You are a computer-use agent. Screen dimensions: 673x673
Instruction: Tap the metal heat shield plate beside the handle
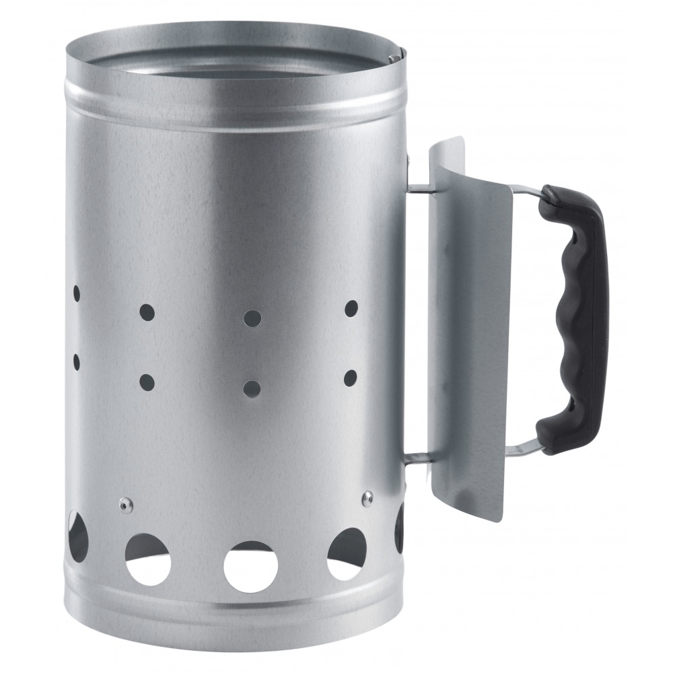coord(471,330)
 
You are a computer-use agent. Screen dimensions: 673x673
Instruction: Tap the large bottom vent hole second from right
coord(346,553)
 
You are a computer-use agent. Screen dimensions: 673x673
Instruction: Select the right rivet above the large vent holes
coord(367,497)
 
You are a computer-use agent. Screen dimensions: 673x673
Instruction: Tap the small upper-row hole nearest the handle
coord(351,308)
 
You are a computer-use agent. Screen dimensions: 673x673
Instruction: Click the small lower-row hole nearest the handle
coord(350,378)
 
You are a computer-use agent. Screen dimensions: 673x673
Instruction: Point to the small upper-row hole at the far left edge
coord(76,293)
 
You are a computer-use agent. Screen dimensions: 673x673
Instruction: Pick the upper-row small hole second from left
coord(147,312)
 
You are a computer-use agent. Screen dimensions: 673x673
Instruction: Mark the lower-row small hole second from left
coord(147,382)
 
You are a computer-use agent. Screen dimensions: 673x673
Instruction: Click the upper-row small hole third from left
coord(252,317)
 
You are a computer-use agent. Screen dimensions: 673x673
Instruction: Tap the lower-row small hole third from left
coord(252,388)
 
